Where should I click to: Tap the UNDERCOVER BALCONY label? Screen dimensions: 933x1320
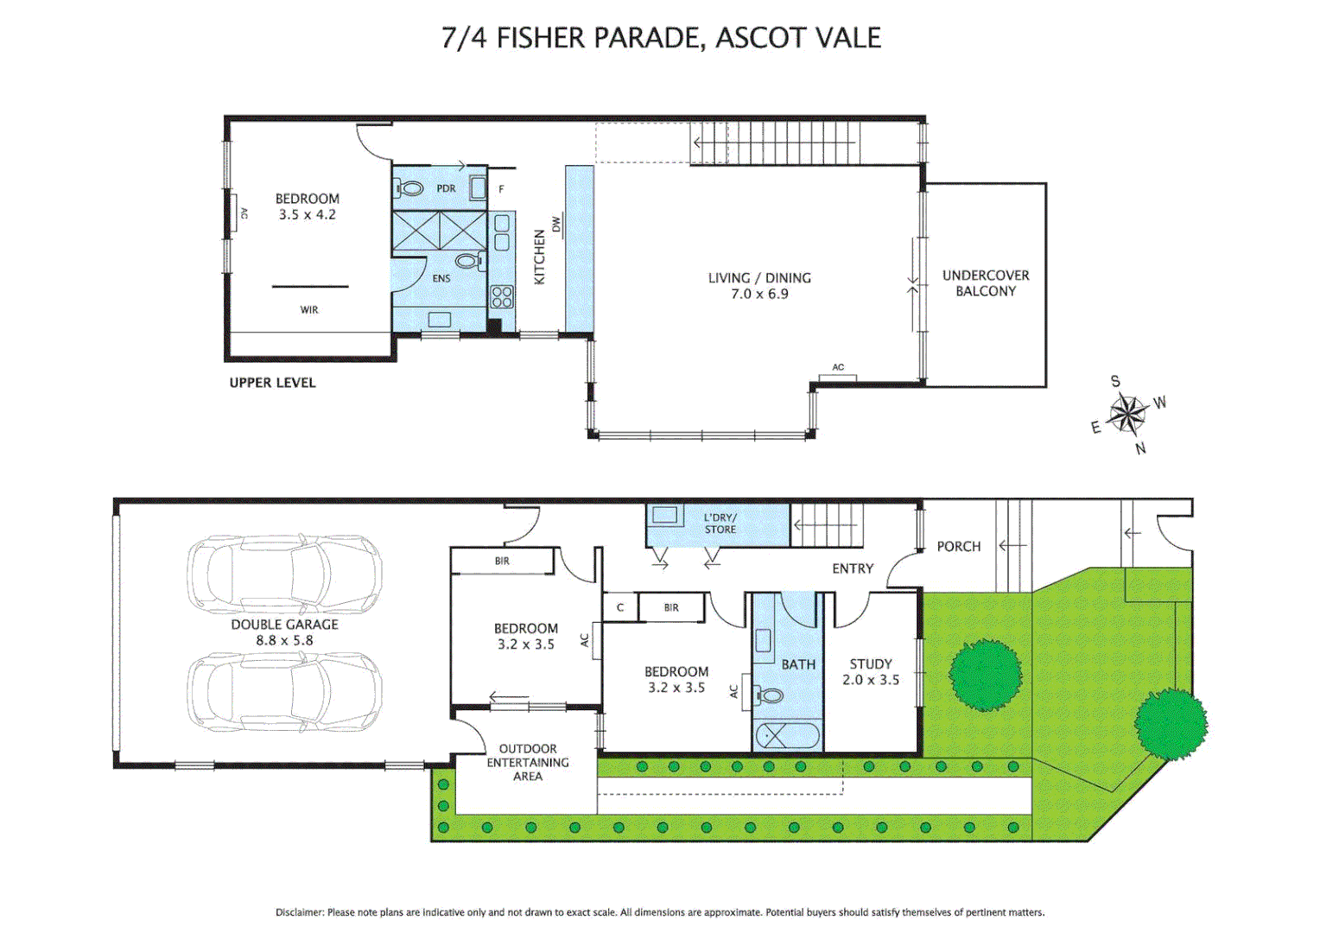pos(986,283)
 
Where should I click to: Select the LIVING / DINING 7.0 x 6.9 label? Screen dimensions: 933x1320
pos(759,286)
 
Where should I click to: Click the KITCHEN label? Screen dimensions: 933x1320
pos(540,257)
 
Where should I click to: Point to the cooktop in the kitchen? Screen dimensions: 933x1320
pos(502,297)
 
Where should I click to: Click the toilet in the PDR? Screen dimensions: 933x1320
pos(411,188)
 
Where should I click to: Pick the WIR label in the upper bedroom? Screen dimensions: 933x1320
pos(309,310)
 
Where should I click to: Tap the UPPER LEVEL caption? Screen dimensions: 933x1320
pos(272,383)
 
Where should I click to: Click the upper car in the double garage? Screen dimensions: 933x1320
pos(285,574)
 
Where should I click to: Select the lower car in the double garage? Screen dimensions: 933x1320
pos(285,692)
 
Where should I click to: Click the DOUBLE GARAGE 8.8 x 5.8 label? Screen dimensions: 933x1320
pos(284,632)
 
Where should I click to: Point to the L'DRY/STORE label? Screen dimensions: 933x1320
pos(720,524)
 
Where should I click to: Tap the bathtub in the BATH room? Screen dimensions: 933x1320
pos(787,736)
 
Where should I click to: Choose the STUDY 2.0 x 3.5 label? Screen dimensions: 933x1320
pos(871,672)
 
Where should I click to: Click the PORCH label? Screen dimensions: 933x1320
pos(959,547)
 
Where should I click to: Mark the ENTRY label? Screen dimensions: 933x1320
pos(853,568)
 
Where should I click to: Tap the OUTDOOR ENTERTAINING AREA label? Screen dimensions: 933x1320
pos(528,763)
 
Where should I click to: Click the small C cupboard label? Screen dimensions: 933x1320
pos(620,607)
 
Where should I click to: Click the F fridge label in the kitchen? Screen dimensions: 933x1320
pos(501,189)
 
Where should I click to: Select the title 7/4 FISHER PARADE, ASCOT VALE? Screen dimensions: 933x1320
pos(661,38)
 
